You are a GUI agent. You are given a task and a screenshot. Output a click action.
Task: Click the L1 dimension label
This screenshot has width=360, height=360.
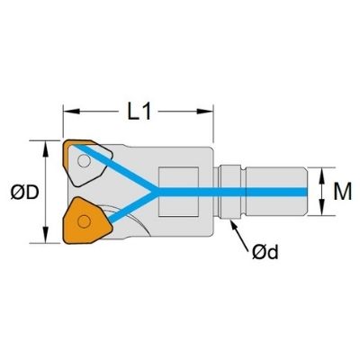(139, 112)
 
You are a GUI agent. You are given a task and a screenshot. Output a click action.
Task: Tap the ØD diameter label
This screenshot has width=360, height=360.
(24, 193)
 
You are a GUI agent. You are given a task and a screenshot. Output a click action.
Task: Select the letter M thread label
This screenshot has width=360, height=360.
(343, 192)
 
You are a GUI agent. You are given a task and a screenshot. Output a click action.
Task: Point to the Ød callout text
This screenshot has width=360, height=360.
(265, 252)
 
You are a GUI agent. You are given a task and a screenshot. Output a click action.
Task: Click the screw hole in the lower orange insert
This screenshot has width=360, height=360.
(84, 221)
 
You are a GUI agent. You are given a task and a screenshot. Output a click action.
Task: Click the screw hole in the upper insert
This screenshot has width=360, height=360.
(84, 161)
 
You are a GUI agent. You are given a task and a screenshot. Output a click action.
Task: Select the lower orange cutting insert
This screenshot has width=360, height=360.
(87, 220)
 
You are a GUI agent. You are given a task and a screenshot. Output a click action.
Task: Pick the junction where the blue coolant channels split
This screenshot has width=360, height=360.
(156, 192)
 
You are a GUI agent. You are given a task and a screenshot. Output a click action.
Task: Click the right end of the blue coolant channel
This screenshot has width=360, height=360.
(307, 192)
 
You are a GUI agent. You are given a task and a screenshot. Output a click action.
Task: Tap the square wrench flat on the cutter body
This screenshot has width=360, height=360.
(178, 192)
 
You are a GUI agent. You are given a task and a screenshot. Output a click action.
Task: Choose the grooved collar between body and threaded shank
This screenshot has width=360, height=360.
(229, 192)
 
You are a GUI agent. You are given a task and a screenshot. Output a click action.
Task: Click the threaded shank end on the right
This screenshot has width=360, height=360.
(277, 192)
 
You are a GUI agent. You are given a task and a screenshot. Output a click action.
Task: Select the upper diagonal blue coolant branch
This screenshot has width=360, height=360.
(113, 167)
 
